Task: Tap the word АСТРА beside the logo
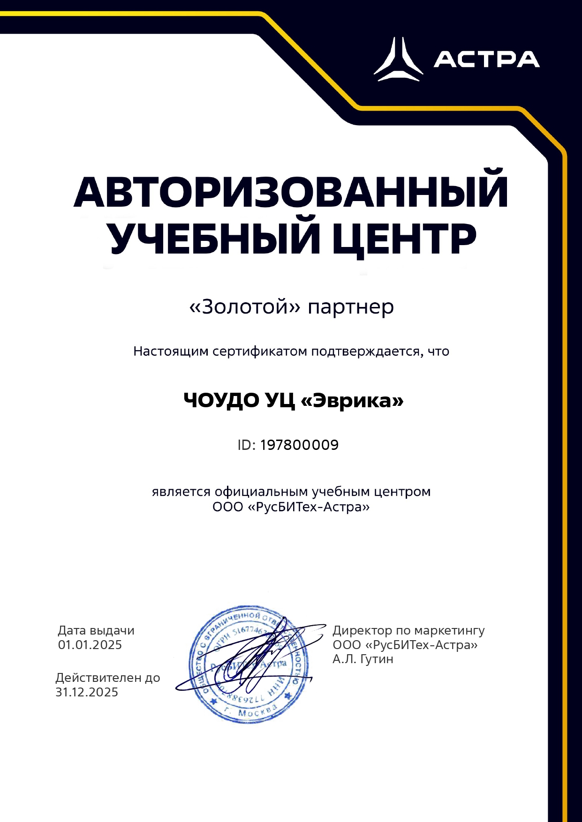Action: point(486,60)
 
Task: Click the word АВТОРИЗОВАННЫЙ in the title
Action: point(291,192)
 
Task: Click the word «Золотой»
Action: point(244,307)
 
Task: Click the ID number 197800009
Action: point(299,445)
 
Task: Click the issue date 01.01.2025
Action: point(90,645)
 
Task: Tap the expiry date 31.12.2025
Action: point(87,692)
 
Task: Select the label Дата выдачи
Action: point(96,631)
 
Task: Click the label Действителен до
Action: point(108,678)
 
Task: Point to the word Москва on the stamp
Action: point(255,712)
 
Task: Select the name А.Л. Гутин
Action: point(363,659)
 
